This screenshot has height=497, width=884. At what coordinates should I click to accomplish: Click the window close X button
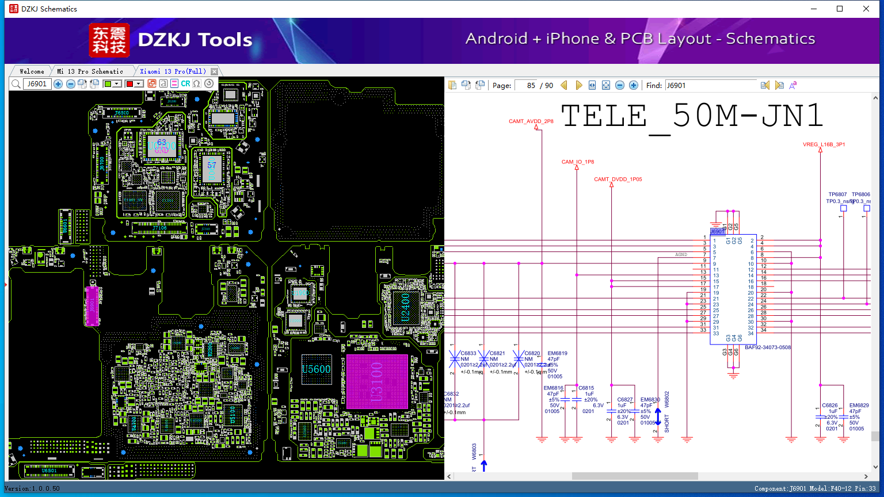[x=866, y=9]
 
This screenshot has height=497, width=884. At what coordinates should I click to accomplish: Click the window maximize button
[x=840, y=9]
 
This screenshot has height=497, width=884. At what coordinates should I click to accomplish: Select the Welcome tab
[x=32, y=71]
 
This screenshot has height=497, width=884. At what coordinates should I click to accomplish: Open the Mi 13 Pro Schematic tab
[x=90, y=71]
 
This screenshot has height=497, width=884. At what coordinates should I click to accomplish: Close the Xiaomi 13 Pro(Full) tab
[x=214, y=71]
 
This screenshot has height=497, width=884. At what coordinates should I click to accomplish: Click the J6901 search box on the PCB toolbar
[x=37, y=84]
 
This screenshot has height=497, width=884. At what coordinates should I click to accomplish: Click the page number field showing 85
[x=526, y=85]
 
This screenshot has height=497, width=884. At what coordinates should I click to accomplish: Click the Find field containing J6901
[x=711, y=85]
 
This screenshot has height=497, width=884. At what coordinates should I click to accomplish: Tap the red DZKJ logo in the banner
[x=109, y=40]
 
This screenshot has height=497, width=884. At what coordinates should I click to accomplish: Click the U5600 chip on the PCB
[x=317, y=369]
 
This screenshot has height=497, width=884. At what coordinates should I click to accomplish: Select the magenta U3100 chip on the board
[x=377, y=381]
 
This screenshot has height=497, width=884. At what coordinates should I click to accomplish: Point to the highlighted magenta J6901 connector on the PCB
[x=92, y=305]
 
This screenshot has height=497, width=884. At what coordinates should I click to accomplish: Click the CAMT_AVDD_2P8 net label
[x=531, y=121]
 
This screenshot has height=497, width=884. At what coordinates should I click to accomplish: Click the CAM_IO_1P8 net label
[x=578, y=162]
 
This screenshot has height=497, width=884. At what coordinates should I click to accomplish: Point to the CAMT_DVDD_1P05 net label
[x=618, y=179]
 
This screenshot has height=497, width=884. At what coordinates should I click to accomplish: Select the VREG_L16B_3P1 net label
[x=824, y=144]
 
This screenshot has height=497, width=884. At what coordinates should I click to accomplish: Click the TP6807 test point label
[x=837, y=194]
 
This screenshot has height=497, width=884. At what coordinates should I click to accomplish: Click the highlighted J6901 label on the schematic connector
[x=717, y=231]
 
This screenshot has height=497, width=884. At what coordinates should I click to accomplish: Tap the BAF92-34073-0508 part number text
[x=768, y=347]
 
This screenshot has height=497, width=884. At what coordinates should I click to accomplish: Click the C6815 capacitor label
[x=586, y=388]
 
